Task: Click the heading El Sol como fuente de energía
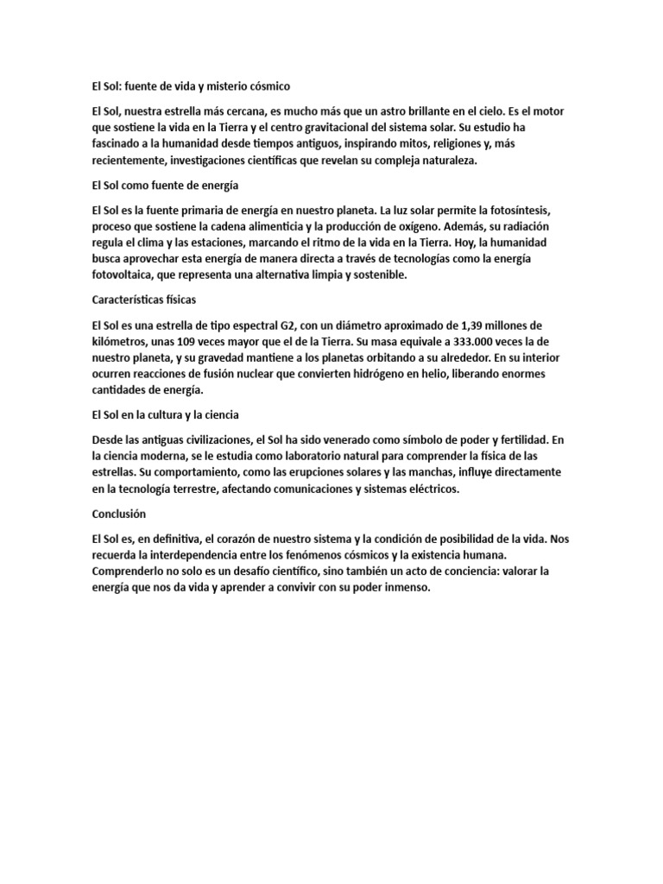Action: point(165,185)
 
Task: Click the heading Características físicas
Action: point(143,300)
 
